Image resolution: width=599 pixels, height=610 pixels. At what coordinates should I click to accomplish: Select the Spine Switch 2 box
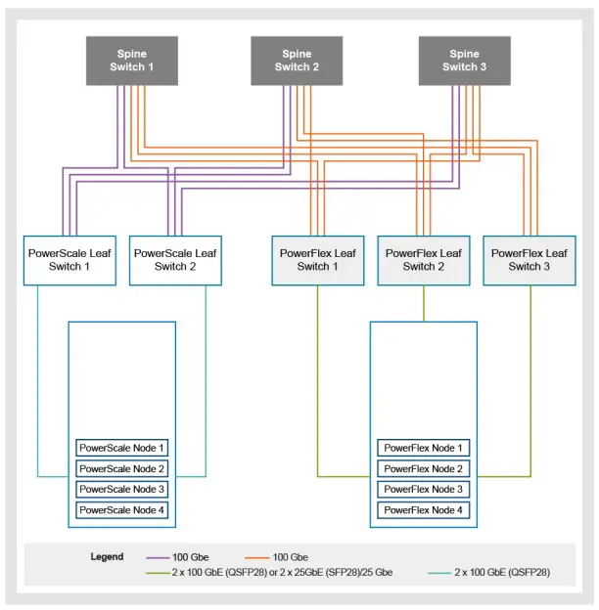point(297,61)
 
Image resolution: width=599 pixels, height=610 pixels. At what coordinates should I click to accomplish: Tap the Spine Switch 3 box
point(465,61)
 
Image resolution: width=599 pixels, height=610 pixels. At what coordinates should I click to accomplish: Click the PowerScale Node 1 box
point(122,449)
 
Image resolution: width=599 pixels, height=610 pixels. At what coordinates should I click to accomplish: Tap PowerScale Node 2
point(122,469)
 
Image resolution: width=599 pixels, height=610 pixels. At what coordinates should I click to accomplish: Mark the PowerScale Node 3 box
point(122,490)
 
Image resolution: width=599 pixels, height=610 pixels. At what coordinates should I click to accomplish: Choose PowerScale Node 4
point(122,510)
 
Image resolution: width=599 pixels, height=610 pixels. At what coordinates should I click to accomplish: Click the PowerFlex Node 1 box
point(424,449)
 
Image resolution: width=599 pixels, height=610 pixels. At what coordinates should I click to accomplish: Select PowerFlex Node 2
point(424,469)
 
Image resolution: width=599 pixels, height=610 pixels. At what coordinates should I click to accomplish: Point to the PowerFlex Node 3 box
point(424,490)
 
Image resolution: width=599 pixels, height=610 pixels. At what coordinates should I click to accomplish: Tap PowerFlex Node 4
point(424,510)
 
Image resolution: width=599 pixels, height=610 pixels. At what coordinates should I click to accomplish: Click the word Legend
point(107,557)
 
